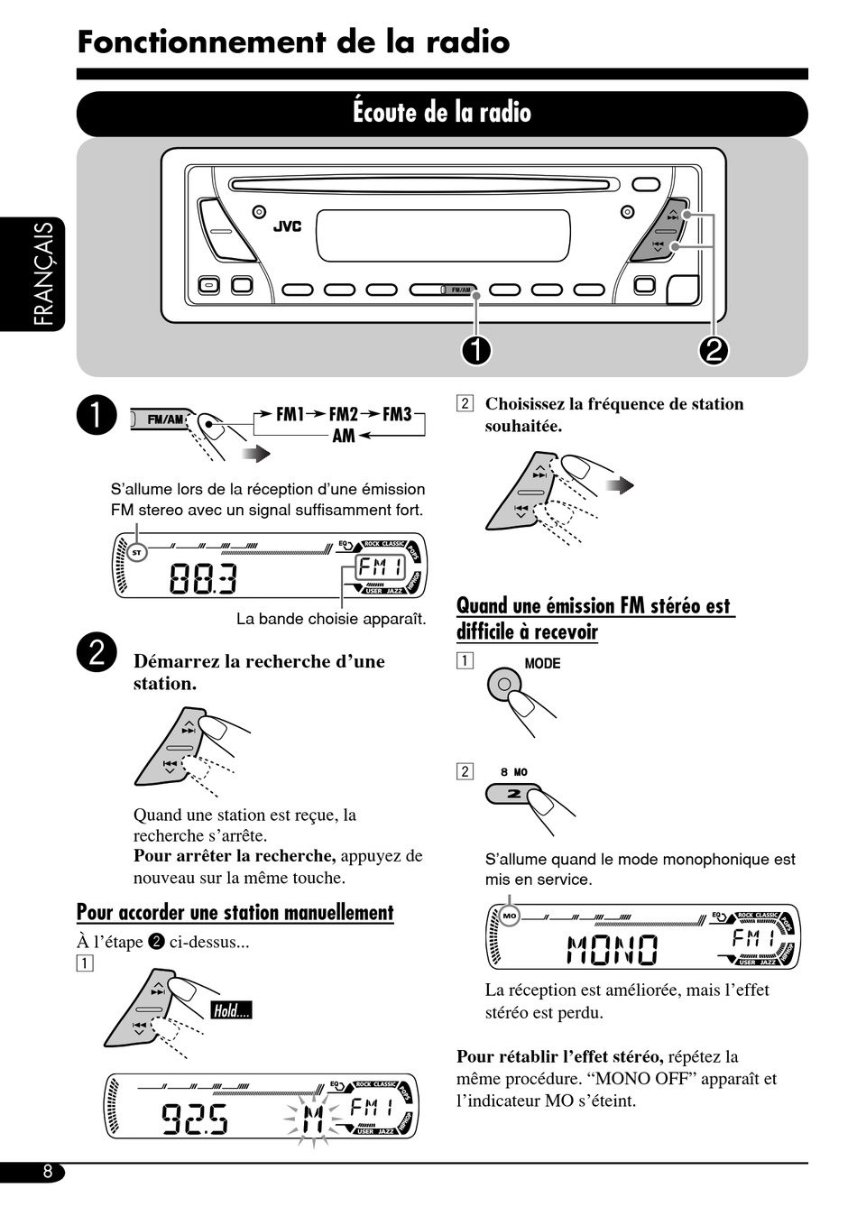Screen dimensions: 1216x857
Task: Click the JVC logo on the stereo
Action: tap(287, 226)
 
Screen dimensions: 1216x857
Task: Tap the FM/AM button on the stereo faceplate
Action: tap(444, 290)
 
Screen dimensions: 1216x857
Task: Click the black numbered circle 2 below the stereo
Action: tap(714, 350)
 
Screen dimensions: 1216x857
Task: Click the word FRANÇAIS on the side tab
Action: tap(42, 274)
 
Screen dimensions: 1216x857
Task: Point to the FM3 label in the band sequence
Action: tap(397, 414)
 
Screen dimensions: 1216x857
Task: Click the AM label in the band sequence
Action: tap(344, 436)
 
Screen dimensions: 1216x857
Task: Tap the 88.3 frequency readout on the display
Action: tap(203, 578)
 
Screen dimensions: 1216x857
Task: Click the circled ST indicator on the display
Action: tap(136, 552)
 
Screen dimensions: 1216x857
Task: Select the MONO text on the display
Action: tap(613, 950)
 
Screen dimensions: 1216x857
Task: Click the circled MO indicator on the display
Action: tap(510, 916)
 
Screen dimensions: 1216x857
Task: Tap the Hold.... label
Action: tap(231, 1010)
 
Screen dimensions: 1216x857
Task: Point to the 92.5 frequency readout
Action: tap(195, 1119)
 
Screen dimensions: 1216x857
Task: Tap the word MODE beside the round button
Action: tap(542, 663)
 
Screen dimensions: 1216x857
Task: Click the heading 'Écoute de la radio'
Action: tap(442, 113)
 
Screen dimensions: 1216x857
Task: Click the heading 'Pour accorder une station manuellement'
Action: tap(235, 912)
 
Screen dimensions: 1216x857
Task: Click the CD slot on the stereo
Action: tap(424, 185)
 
